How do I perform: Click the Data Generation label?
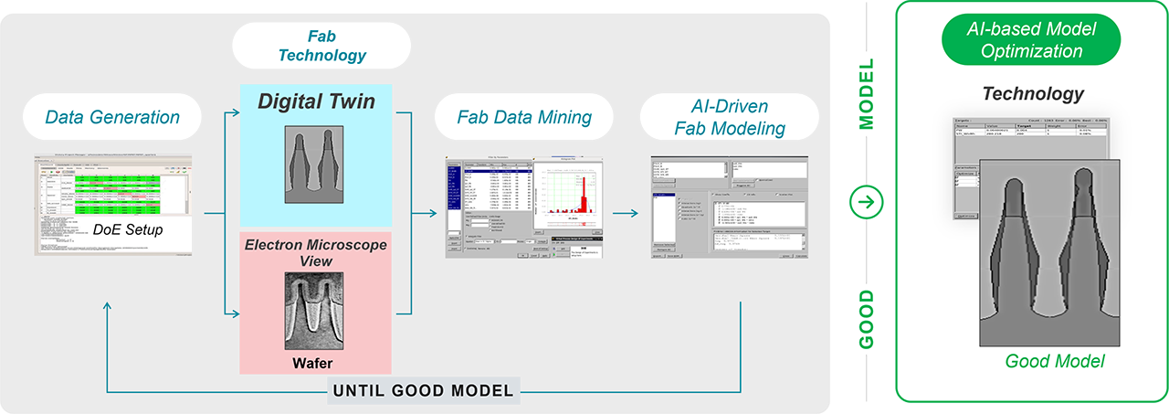[x=112, y=116]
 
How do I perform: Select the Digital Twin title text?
[x=316, y=101]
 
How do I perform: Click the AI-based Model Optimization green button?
[x=1030, y=40]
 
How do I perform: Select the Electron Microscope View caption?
[x=316, y=254]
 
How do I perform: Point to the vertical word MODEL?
[x=868, y=96]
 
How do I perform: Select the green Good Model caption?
[x=1055, y=362]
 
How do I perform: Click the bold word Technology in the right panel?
[x=1033, y=93]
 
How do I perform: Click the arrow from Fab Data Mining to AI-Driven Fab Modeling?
[x=624, y=214]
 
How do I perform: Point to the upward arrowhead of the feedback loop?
[x=108, y=306]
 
